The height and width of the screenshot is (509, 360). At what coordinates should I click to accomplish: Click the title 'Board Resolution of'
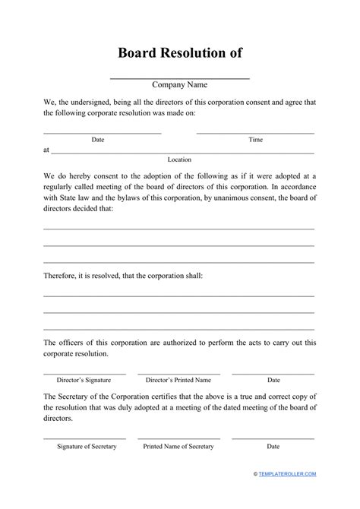[x=179, y=54]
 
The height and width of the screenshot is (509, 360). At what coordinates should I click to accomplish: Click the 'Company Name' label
[x=179, y=84]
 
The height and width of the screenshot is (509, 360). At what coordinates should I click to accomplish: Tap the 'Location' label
[x=179, y=160]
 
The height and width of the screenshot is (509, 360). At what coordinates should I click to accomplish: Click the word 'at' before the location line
[x=46, y=150]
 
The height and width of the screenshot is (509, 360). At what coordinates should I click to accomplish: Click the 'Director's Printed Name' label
[x=179, y=379]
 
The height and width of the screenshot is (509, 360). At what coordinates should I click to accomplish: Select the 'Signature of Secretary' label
[x=87, y=446]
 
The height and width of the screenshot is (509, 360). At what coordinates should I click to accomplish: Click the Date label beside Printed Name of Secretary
[x=273, y=446]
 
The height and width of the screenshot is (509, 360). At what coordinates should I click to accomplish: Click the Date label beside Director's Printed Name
[x=273, y=379]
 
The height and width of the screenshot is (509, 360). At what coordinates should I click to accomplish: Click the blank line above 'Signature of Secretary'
[x=87, y=439]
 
